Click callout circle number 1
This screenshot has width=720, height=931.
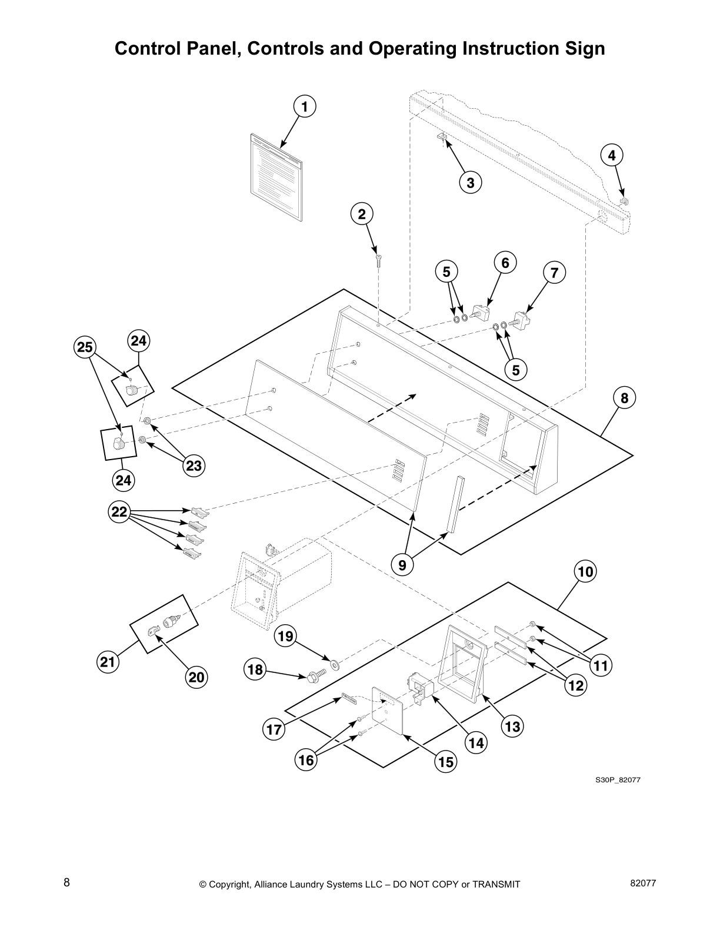pos(304,106)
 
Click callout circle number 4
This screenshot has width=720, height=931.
pos(612,156)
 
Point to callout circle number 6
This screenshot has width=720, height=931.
pos(505,263)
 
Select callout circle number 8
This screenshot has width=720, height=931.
pos(624,398)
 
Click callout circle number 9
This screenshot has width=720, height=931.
pos(402,565)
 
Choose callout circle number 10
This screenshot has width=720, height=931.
pos(586,571)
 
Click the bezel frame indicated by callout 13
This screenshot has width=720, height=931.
pos(465,664)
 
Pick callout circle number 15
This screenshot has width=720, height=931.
pos(446,762)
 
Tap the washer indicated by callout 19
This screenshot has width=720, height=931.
pos(336,665)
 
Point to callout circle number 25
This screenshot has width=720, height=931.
pos(85,347)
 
